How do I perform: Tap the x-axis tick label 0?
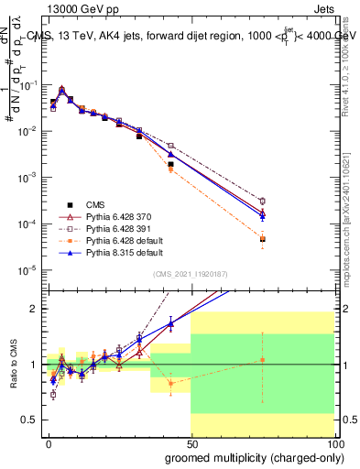(x=49, y=442)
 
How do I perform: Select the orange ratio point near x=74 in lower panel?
(x=263, y=360)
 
